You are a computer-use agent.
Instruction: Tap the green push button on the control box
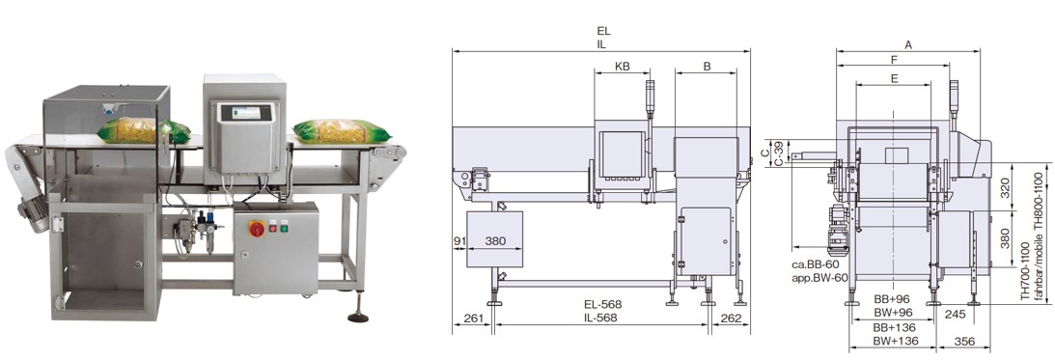(284, 228)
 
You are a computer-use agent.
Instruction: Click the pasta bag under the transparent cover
(143, 130)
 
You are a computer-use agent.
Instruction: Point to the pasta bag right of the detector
(341, 130)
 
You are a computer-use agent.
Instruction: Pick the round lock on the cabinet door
(138, 264)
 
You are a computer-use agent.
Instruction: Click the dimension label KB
(623, 66)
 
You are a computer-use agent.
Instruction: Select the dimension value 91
(460, 240)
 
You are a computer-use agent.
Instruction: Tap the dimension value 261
(474, 318)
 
